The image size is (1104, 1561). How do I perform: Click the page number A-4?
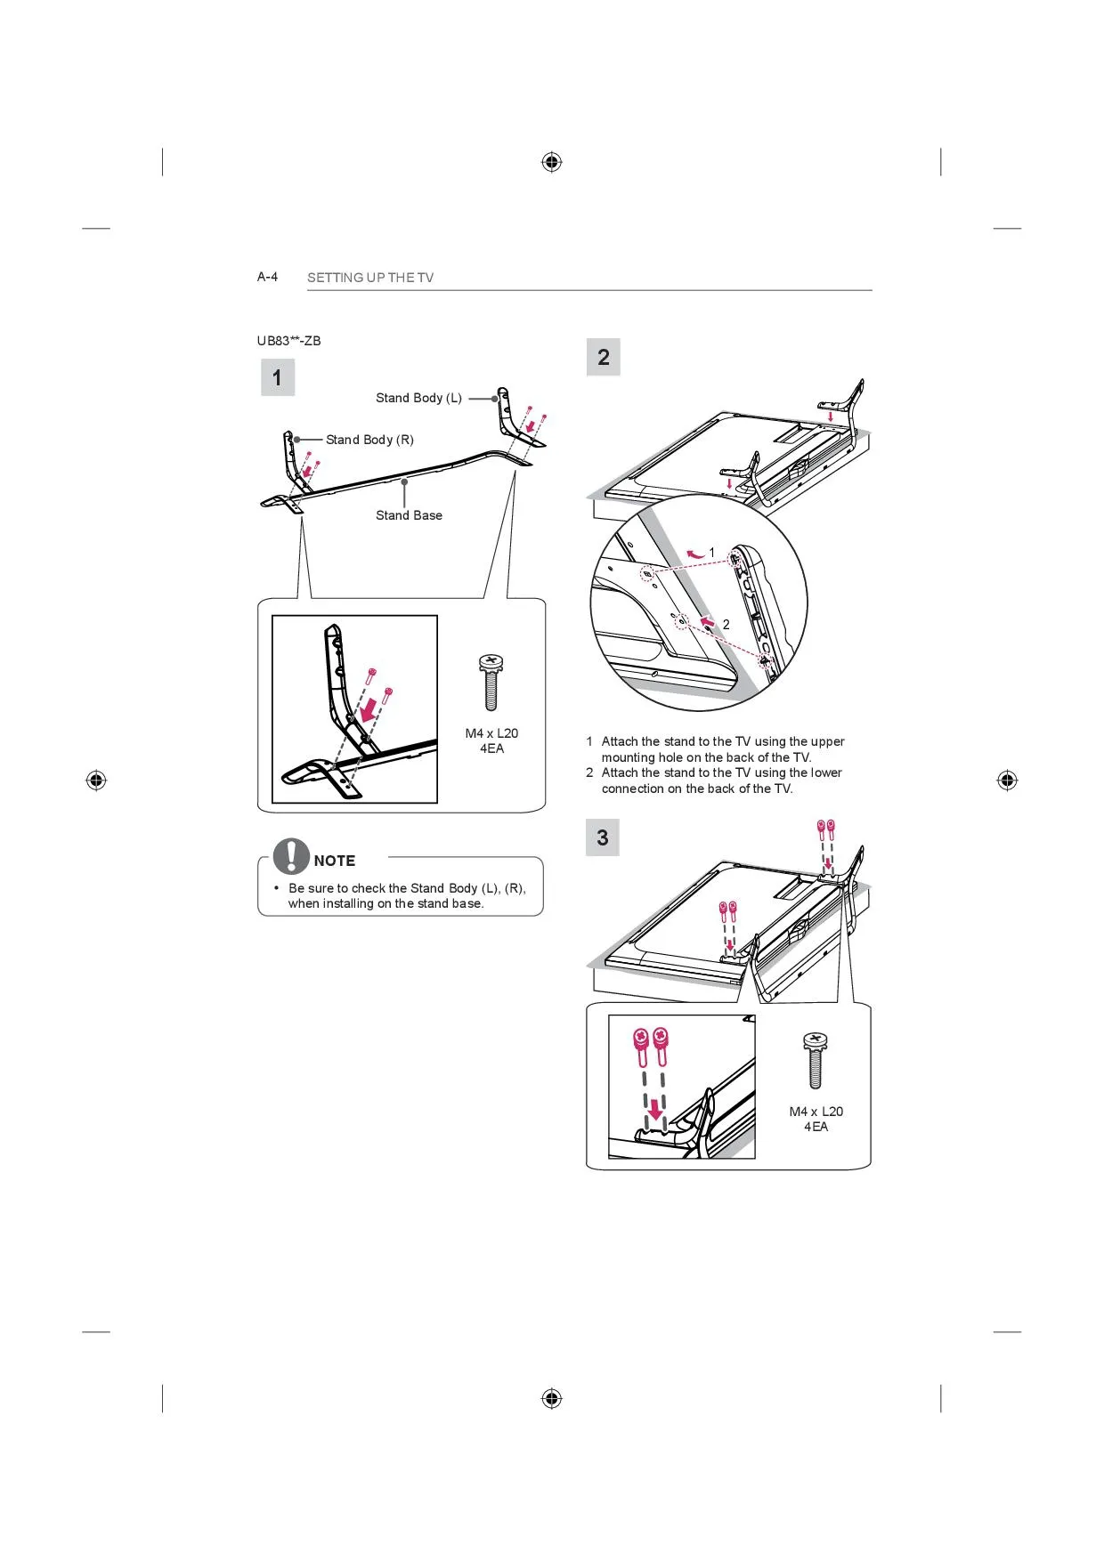(x=267, y=277)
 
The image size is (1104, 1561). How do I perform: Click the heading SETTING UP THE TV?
(x=369, y=278)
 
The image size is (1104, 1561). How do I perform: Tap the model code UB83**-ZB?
(x=288, y=341)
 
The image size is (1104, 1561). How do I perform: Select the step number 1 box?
(x=277, y=377)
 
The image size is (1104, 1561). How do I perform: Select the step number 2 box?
(x=603, y=358)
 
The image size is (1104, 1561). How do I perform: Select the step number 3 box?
(x=602, y=837)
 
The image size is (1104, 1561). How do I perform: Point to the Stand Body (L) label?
(x=418, y=398)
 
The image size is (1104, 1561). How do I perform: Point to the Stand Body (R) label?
(x=369, y=440)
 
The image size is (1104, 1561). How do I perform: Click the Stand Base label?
(x=409, y=515)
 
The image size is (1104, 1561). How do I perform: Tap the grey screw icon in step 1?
(x=491, y=682)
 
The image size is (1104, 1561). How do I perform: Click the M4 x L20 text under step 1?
(x=491, y=733)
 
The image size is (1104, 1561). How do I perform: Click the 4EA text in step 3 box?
(x=816, y=1127)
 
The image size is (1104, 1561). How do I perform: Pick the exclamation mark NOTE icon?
(x=291, y=856)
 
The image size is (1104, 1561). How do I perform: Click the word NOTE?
(x=335, y=861)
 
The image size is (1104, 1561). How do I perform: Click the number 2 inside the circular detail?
(x=726, y=625)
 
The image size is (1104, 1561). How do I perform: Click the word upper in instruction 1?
(x=827, y=741)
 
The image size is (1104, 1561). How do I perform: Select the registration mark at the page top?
(x=552, y=162)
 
